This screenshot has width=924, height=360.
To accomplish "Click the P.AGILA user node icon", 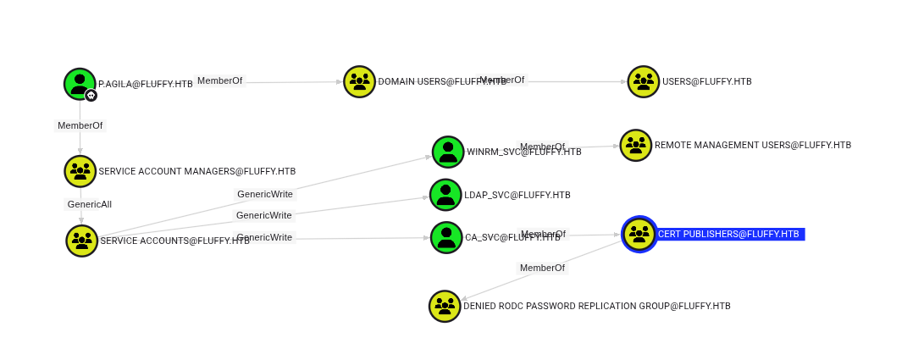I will pyautogui.click(x=80, y=83).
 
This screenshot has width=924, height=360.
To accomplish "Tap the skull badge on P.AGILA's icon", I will pyautogui.click(x=91, y=96).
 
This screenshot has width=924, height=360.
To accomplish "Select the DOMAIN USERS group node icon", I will pyautogui.click(x=359, y=82).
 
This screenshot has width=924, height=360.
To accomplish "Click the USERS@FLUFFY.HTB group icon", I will pyautogui.click(x=643, y=82).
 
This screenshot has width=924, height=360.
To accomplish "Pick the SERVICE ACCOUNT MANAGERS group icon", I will pyautogui.click(x=80, y=171).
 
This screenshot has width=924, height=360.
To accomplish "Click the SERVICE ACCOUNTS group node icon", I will pyautogui.click(x=82, y=241).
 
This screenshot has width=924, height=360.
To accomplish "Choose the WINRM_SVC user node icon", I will pyautogui.click(x=448, y=152).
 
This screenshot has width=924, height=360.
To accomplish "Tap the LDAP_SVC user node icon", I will pyautogui.click(x=445, y=195).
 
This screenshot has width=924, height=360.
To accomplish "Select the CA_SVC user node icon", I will pyautogui.click(x=446, y=237).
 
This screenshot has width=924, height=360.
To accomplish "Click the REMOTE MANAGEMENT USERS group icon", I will pyautogui.click(x=635, y=145).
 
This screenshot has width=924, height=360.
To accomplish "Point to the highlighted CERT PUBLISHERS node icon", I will pyautogui.click(x=639, y=234).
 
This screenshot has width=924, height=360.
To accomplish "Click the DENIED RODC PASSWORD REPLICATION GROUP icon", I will pyautogui.click(x=445, y=306).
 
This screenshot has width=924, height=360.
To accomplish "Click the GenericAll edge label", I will pyautogui.click(x=89, y=204).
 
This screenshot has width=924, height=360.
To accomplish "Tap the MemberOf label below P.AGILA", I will pyautogui.click(x=80, y=125).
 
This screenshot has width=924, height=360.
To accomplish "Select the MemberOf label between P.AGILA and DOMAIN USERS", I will pyautogui.click(x=219, y=80).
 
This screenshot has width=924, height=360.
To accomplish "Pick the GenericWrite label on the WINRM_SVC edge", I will pyautogui.click(x=264, y=194).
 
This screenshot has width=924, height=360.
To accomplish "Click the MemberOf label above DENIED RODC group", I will pyautogui.click(x=542, y=268).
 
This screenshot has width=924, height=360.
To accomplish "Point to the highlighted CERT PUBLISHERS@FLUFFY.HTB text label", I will pyautogui.click(x=728, y=234).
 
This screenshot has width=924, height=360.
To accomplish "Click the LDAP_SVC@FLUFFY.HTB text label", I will pyautogui.click(x=517, y=195).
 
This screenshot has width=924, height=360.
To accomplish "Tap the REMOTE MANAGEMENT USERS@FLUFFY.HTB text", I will pyautogui.click(x=752, y=145).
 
